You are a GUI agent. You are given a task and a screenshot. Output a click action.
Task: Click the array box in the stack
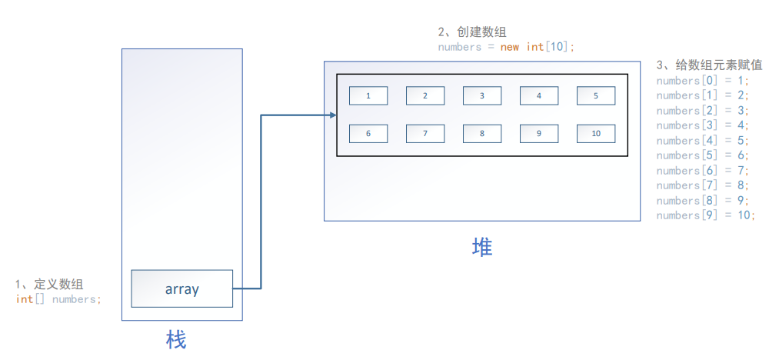coord(181,288)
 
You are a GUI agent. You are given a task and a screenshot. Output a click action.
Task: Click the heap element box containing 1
coord(368,95)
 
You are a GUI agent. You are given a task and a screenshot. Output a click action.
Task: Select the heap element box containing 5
coord(596,95)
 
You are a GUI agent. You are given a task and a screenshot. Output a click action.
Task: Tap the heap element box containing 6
coord(368,133)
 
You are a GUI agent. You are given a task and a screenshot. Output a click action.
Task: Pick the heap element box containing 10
coord(596,133)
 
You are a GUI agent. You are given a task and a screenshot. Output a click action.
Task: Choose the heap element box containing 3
coord(482,95)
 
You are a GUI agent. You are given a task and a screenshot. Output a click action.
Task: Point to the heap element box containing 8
coord(482,133)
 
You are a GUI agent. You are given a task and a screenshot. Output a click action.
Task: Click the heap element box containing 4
coord(539,95)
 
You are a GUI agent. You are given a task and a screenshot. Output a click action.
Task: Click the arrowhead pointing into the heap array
coord(333,115)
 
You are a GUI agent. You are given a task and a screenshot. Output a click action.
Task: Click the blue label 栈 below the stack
coord(177,339)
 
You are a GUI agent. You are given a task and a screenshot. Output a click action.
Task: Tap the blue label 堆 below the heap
coord(482,247)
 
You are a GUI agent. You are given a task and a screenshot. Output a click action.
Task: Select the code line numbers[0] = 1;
coord(702,80)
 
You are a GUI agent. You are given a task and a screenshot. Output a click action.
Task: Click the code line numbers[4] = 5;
coord(702,140)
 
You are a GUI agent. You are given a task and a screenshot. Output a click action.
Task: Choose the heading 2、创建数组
coord(472,32)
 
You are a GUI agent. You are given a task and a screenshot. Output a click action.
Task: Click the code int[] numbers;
coord(58,299)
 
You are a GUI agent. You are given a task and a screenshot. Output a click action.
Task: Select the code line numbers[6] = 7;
coord(702,170)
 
